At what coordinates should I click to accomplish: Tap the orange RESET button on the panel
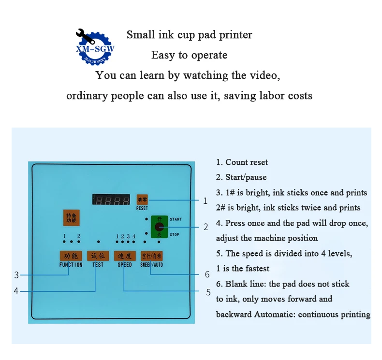[x=142, y=199]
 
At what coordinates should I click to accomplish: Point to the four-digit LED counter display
[x=112, y=200]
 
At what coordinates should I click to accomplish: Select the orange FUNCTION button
[x=71, y=256]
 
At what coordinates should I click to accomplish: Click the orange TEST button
[x=98, y=256]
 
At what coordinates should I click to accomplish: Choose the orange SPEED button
[x=124, y=256]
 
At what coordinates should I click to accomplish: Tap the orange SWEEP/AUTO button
[x=151, y=256]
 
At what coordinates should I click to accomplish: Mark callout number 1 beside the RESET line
[x=205, y=201]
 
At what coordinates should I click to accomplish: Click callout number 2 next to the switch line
[x=206, y=227]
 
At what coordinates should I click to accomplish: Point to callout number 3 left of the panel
[x=16, y=275]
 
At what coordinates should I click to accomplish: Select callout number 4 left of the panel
[x=16, y=291]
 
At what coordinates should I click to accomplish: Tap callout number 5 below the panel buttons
[x=208, y=292]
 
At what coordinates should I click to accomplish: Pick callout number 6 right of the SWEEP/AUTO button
[x=207, y=274]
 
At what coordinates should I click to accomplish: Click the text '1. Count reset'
[x=242, y=162]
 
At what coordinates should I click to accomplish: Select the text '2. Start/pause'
[x=241, y=177]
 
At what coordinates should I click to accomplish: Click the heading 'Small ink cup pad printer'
[x=189, y=35]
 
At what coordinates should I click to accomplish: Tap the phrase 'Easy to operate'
[x=189, y=55]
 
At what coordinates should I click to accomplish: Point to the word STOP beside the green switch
[x=175, y=235]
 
